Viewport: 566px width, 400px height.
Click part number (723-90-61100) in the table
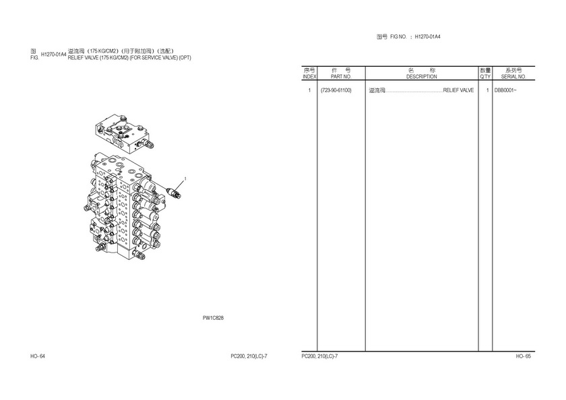pyautogui.click(x=336, y=90)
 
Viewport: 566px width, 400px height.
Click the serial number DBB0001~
pyautogui.click(x=505, y=90)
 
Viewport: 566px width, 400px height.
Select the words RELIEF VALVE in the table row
pyautogui.click(x=458, y=90)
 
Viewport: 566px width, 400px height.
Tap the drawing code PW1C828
pyautogui.click(x=213, y=318)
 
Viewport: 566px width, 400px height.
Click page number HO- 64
pyautogui.click(x=38, y=356)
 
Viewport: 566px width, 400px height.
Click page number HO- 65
pyautogui.click(x=524, y=356)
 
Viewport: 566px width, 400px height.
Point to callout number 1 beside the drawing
pyautogui.click(x=185, y=178)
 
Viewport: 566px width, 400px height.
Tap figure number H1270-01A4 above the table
pyautogui.click(x=427, y=37)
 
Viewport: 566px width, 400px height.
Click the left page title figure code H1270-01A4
pyautogui.click(x=53, y=55)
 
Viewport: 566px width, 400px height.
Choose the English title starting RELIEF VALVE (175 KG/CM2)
pyautogui.click(x=129, y=58)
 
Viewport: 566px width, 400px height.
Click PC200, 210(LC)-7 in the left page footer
pyautogui.click(x=249, y=356)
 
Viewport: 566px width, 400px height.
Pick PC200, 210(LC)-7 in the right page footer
pyautogui.click(x=319, y=356)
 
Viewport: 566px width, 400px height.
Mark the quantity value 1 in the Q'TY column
pyautogui.click(x=487, y=90)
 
